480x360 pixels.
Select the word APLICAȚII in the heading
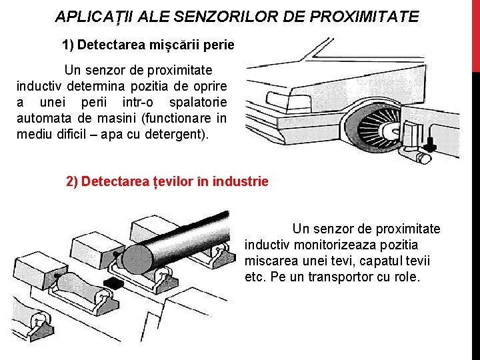coord(94,17)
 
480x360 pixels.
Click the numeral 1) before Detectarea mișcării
coord(68,45)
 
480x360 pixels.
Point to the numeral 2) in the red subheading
coord(73,181)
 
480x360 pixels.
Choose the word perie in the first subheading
coord(219,45)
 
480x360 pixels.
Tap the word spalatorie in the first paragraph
coord(198,103)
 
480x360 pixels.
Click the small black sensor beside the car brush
coord(431,142)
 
